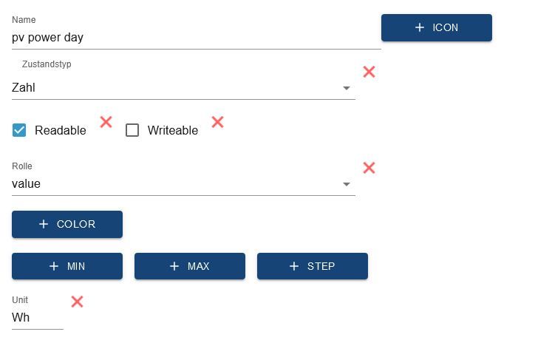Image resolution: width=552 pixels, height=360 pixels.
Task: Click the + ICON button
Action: click(x=437, y=27)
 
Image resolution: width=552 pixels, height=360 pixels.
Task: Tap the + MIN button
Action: click(x=67, y=266)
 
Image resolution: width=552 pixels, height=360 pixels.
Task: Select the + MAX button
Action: click(x=190, y=266)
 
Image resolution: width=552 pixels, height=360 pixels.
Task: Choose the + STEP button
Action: click(x=313, y=266)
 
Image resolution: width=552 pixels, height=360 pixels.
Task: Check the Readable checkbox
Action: click(x=19, y=130)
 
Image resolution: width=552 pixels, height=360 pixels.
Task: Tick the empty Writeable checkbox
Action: click(x=132, y=130)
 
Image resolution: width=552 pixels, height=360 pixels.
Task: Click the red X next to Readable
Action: click(x=106, y=122)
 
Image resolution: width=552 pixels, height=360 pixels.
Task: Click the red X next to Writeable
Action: click(x=217, y=122)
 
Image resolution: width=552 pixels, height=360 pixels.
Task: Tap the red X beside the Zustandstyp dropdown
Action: click(x=369, y=72)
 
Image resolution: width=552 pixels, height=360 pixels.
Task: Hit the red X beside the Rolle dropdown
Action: click(x=369, y=168)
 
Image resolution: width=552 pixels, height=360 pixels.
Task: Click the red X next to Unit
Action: click(x=77, y=302)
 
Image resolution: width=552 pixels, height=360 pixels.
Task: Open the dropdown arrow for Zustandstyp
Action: click(x=347, y=88)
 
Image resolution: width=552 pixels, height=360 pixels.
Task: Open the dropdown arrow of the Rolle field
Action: click(x=347, y=184)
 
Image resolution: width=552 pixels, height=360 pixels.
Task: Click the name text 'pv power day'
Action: click(x=47, y=38)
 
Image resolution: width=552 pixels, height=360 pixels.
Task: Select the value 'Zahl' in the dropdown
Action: click(x=24, y=87)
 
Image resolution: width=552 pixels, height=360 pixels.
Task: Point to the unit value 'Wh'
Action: click(x=21, y=317)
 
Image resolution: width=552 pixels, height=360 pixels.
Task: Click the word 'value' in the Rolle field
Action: click(x=26, y=183)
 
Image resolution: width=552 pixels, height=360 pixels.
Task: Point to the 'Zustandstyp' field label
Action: click(x=47, y=64)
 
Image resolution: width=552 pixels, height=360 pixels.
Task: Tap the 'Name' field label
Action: click(x=24, y=20)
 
